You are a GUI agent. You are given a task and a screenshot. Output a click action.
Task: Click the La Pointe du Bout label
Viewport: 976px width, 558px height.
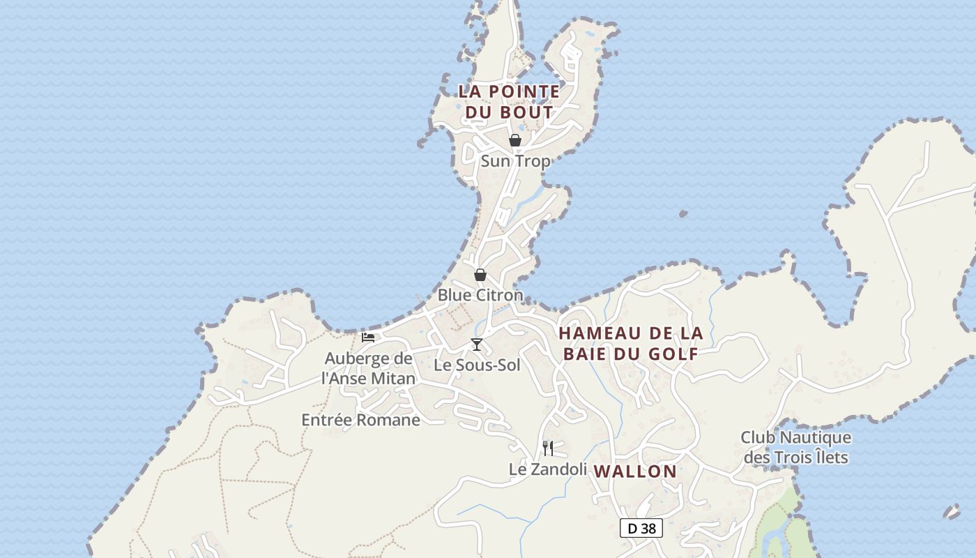tap(509, 102)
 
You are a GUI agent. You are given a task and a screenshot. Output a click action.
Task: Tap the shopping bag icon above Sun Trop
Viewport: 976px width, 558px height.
tap(515, 141)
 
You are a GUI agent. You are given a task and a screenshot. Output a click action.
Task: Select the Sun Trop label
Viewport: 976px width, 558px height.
tap(515, 161)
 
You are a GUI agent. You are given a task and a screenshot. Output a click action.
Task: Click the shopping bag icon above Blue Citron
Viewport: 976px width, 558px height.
tap(480, 275)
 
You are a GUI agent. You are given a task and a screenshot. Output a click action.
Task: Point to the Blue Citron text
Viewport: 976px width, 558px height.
tap(480, 295)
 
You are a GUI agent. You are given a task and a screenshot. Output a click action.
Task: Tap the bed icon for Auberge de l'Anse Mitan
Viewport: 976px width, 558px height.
tap(368, 338)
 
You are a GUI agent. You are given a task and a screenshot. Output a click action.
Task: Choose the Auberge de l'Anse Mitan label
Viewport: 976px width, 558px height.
tap(368, 368)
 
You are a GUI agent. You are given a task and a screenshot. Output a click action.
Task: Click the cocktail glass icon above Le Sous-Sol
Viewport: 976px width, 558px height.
tap(477, 344)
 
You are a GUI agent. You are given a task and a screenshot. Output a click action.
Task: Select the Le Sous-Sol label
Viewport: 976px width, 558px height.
tap(477, 365)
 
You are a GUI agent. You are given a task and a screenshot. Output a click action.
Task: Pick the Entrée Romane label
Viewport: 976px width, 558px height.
tap(360, 420)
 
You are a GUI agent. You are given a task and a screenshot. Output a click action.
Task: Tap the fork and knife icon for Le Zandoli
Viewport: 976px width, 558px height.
tap(548, 448)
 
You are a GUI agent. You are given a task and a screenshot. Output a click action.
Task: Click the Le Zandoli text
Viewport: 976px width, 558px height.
tap(548, 469)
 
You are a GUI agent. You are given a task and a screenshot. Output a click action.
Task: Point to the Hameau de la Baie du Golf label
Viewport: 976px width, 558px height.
tap(630, 343)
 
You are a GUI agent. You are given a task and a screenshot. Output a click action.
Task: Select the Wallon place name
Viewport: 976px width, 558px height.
tap(635, 472)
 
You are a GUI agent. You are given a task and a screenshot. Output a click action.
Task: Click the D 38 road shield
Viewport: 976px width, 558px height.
tap(641, 528)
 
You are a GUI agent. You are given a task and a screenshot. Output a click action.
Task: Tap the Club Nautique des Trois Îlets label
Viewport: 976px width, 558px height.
tap(795, 447)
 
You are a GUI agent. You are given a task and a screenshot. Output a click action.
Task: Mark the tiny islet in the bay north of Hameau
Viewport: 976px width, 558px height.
tap(683, 213)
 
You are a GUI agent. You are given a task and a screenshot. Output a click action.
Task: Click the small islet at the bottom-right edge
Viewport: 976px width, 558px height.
tap(952, 512)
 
